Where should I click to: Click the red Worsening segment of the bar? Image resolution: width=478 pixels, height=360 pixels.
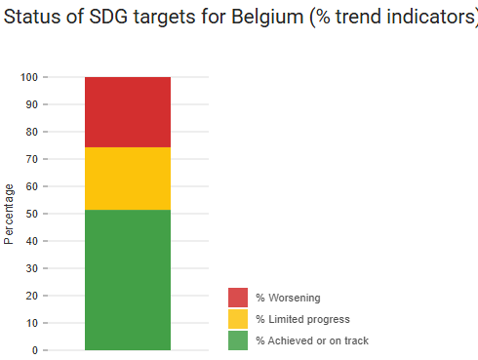(128, 111)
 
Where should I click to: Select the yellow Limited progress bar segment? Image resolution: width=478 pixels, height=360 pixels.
(128, 179)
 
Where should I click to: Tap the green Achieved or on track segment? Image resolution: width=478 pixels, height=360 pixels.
(128, 279)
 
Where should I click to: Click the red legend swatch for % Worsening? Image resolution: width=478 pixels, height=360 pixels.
(238, 298)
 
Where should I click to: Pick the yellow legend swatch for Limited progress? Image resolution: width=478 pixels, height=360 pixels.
(238, 319)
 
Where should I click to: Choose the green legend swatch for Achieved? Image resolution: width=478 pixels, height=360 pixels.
(238, 340)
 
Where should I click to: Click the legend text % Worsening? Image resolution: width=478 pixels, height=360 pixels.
(288, 298)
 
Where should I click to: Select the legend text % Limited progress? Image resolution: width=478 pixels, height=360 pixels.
(302, 319)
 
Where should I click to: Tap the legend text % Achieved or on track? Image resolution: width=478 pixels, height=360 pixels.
(312, 340)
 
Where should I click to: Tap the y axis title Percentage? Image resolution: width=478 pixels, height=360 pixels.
(10, 213)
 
